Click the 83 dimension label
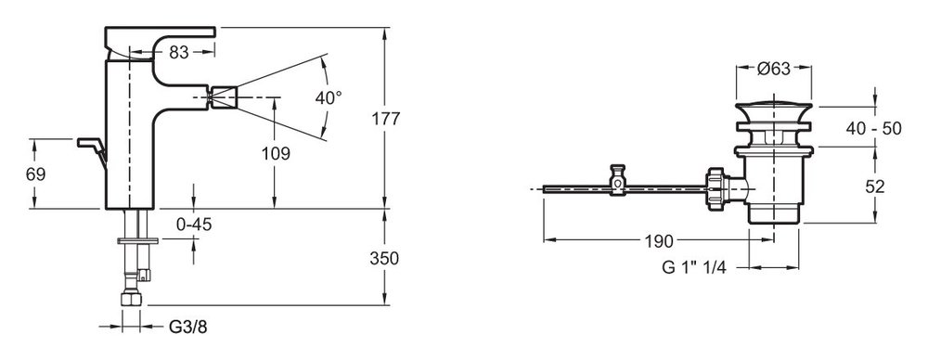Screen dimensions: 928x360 coord(179,52)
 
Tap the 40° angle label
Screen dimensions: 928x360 coord(328,97)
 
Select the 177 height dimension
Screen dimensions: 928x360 coord(386,119)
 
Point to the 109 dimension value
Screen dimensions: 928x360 coord(276,154)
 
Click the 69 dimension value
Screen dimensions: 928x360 coord(35,174)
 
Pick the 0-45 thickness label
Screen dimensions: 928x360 coord(195,225)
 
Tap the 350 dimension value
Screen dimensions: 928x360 coord(384,258)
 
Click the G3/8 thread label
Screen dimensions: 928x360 coord(188,327)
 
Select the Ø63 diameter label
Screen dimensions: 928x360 coord(774,69)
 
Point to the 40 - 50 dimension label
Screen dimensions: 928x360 coord(873,127)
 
